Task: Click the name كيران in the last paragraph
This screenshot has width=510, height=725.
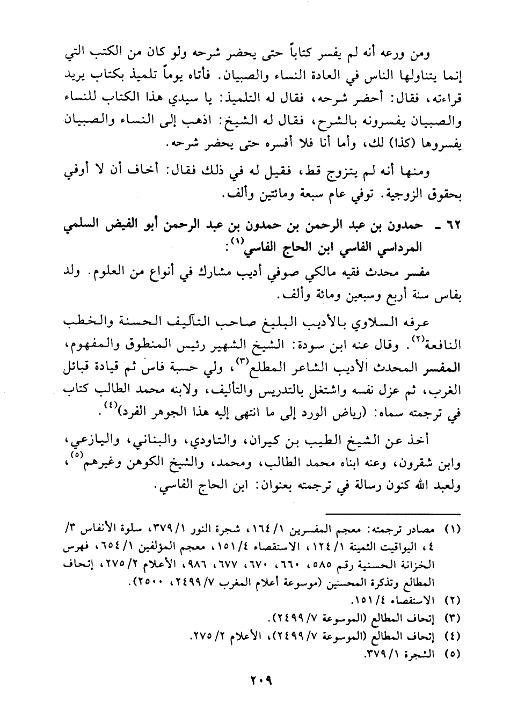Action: point(259,441)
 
